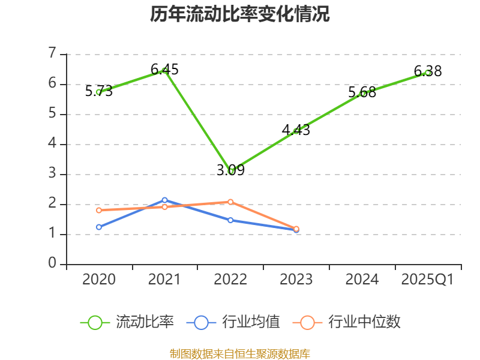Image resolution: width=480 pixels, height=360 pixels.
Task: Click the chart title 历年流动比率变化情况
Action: [x=240, y=14]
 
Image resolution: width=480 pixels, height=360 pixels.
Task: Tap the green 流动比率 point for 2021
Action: [x=164, y=71]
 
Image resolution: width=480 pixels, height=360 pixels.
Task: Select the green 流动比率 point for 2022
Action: [x=231, y=171]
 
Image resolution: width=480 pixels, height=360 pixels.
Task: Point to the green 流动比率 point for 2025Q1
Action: [x=428, y=73]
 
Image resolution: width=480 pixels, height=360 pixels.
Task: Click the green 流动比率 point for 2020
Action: [x=98, y=92]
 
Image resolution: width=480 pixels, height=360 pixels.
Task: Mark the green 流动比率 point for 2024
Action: [x=362, y=94]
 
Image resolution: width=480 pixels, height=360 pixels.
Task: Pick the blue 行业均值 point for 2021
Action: [x=164, y=200]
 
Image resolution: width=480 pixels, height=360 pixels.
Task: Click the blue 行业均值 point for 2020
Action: [x=98, y=227]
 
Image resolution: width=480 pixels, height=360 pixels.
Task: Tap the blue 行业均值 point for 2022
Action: [x=230, y=220]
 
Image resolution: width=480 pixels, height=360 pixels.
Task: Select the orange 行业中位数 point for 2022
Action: [x=230, y=202]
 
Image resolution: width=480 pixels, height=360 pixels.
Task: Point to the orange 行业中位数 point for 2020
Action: [x=98, y=210]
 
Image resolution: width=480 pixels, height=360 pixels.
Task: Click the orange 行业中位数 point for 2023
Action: [x=296, y=229]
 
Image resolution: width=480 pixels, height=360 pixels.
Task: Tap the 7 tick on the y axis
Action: [x=52, y=54]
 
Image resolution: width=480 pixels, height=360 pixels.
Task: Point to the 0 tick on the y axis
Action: [x=52, y=264]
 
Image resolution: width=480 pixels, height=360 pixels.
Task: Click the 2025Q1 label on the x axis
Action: [x=428, y=280]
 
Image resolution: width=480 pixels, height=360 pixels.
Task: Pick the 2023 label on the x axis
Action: [x=296, y=280]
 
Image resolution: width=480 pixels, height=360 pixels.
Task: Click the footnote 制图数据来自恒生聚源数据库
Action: [x=240, y=353]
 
